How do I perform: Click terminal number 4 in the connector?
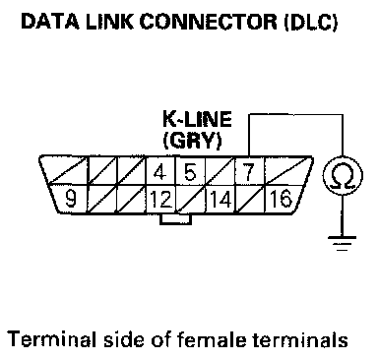click(x=159, y=172)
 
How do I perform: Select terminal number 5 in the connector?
click(x=190, y=172)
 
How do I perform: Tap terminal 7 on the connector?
click(x=249, y=172)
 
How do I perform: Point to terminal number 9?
click(x=71, y=199)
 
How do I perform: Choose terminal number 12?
click(x=160, y=199)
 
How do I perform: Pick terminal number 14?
click(x=220, y=199)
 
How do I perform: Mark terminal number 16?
click(x=281, y=199)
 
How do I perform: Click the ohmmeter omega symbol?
click(x=343, y=175)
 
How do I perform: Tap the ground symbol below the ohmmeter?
click(x=343, y=243)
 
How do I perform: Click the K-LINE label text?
click(x=197, y=119)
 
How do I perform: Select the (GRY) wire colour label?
click(x=192, y=141)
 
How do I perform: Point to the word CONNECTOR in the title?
click(x=209, y=22)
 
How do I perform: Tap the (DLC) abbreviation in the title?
click(x=311, y=22)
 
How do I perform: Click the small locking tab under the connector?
click(x=175, y=219)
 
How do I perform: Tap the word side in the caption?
click(x=124, y=339)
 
